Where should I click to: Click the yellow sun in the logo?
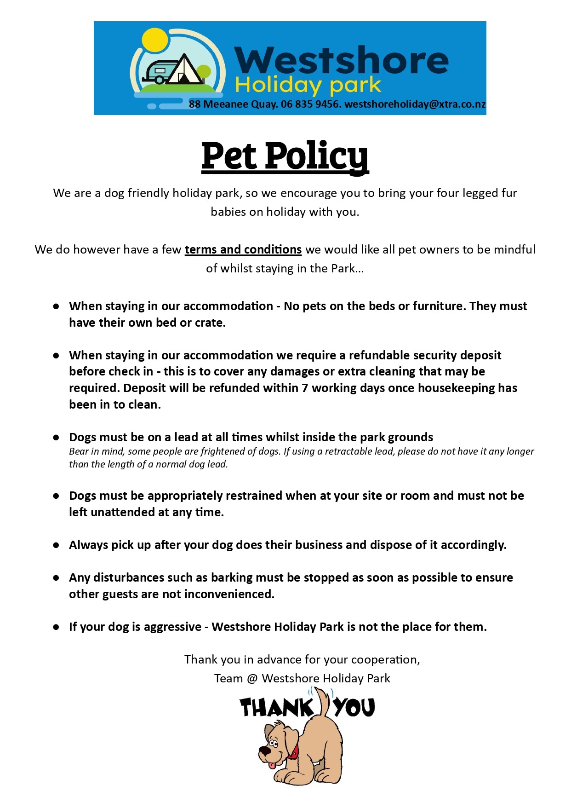click(x=154, y=41)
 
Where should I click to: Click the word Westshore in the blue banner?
click(x=341, y=61)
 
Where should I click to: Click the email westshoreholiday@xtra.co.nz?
click(x=415, y=104)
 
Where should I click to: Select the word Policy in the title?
click(x=317, y=156)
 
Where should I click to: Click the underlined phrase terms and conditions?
click(x=243, y=249)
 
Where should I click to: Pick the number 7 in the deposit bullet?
click(x=305, y=388)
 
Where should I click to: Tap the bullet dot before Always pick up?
click(x=56, y=545)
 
